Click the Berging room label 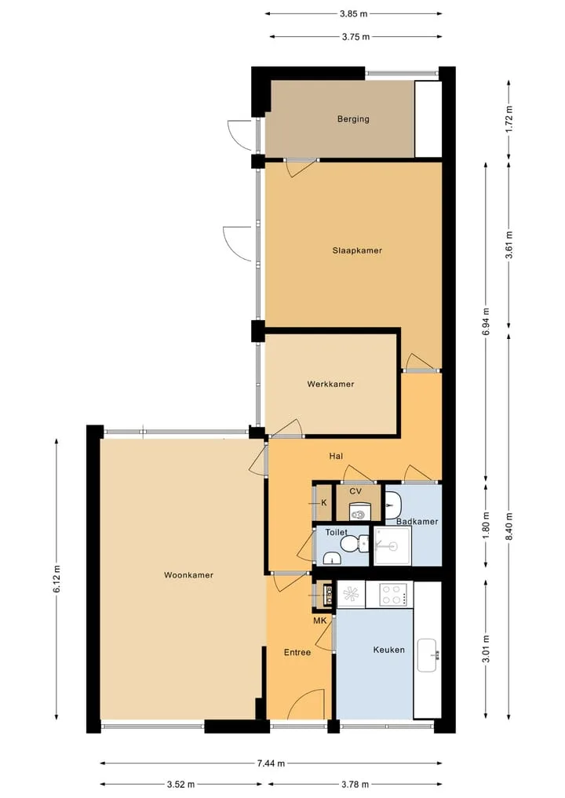[x=353, y=119]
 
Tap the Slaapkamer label [x=357, y=250]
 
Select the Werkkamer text [x=330, y=384]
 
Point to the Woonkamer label [x=188, y=575]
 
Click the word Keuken [x=389, y=650]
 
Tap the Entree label [x=297, y=653]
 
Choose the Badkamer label [x=417, y=522]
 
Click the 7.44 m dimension [x=271, y=763]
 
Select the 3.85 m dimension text [x=353, y=14]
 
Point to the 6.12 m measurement [x=56, y=578]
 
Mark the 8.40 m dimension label [x=508, y=527]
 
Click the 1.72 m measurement [x=508, y=119]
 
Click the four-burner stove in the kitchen [x=393, y=595]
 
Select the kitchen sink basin [x=428, y=655]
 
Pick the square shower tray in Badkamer [x=392, y=546]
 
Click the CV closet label [x=355, y=492]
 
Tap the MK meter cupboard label [x=319, y=621]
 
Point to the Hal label [x=336, y=457]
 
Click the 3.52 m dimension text [x=180, y=784]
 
